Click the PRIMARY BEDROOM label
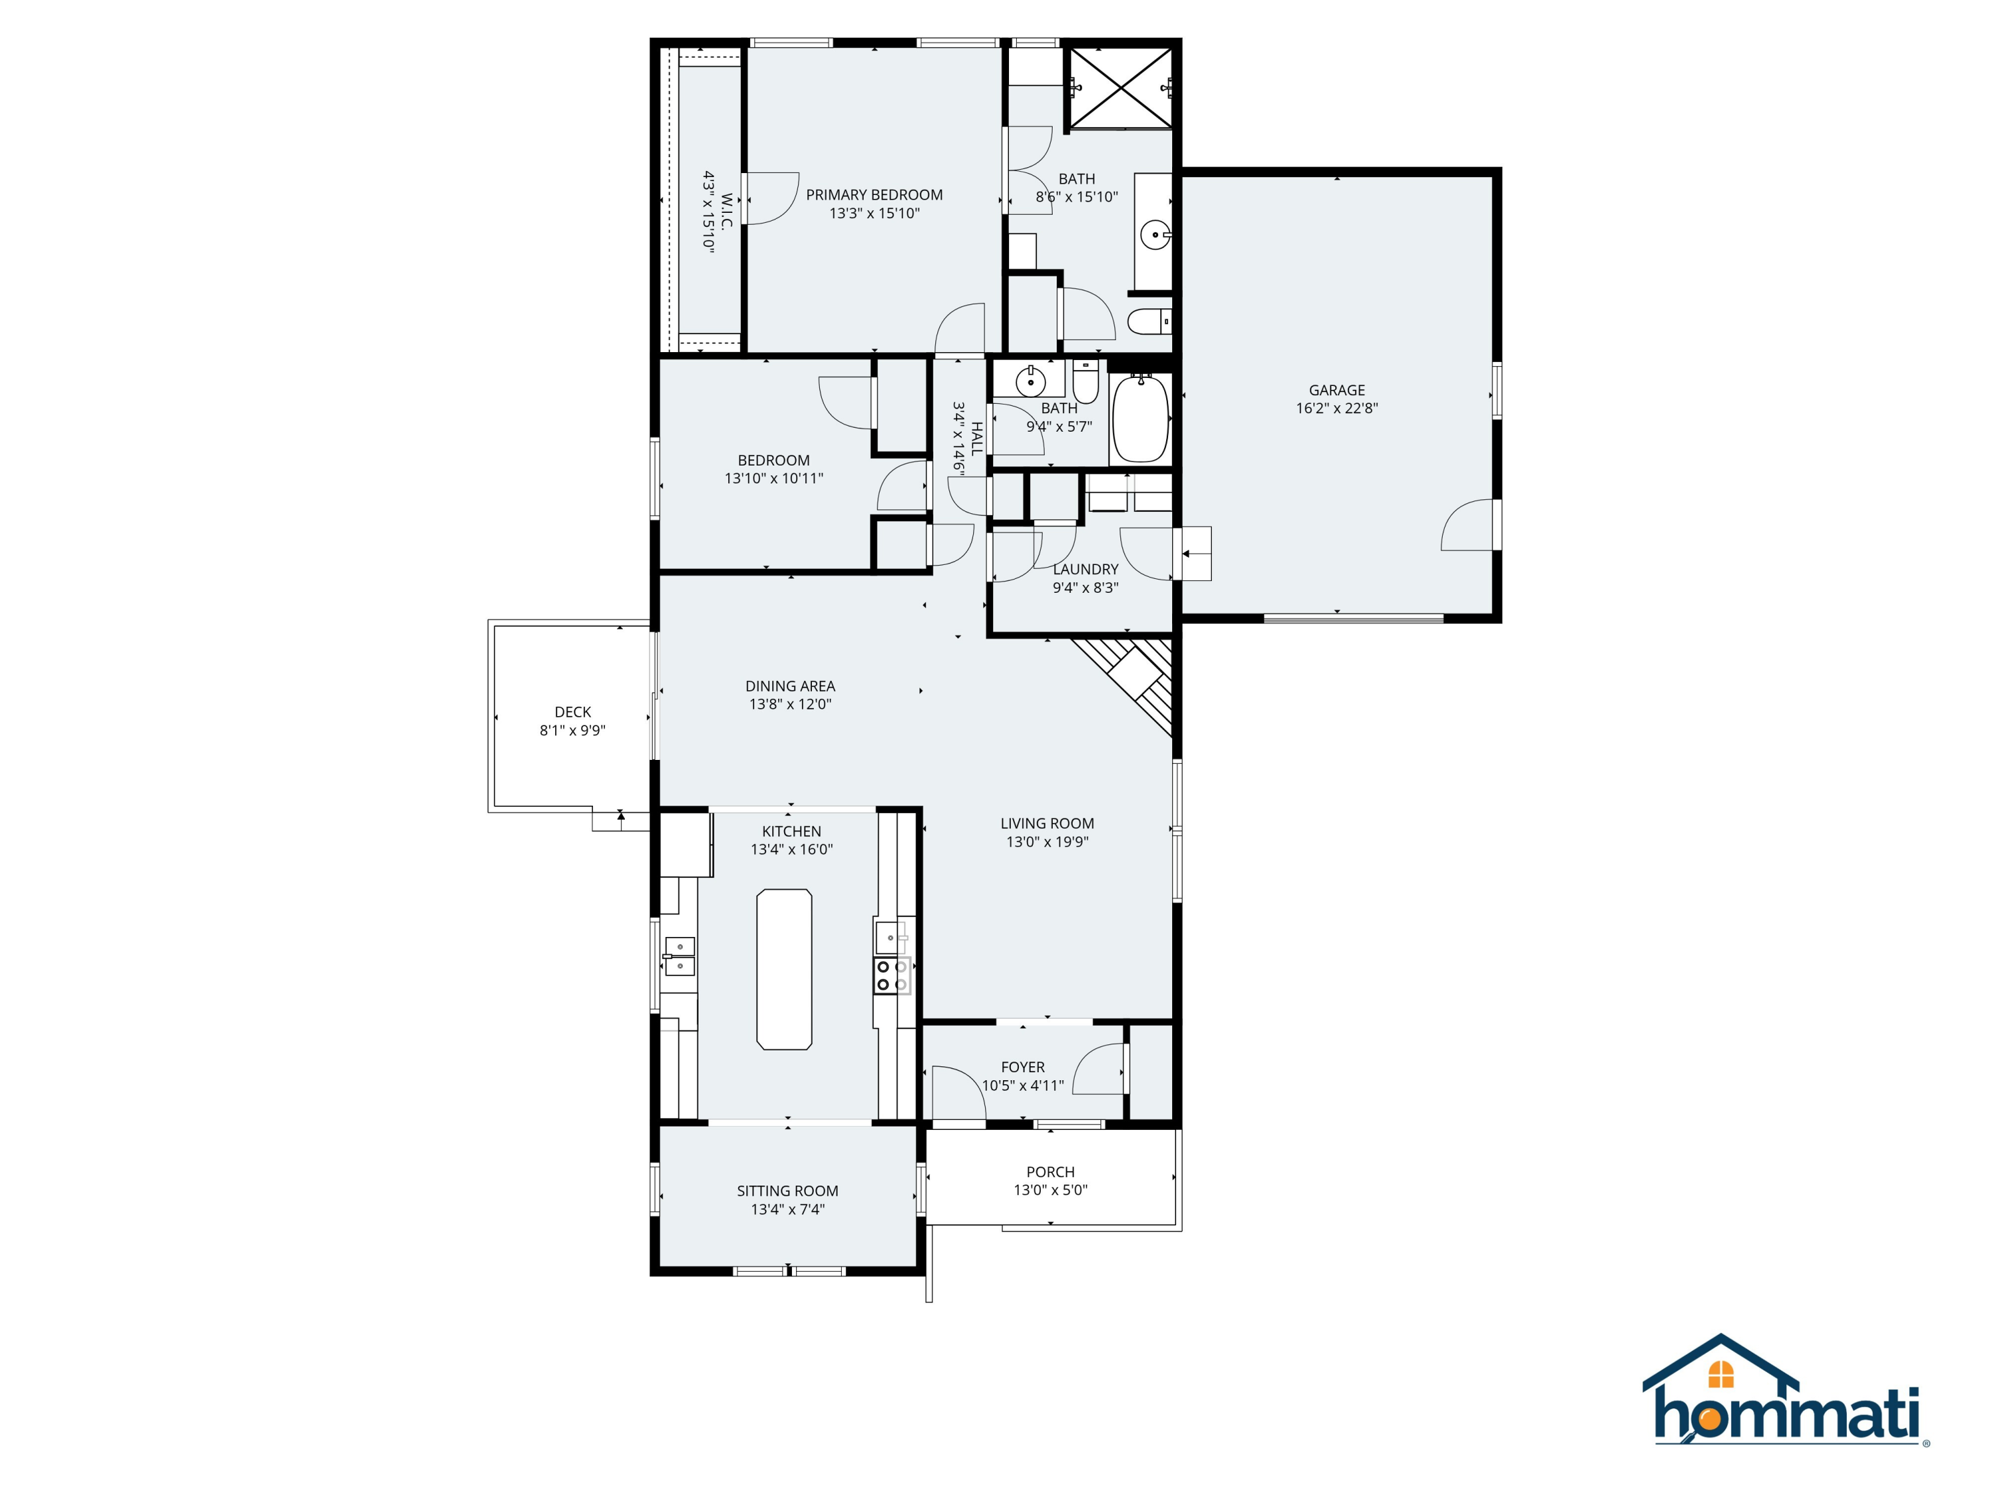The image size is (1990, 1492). point(874,195)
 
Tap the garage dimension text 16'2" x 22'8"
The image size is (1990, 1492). point(1336,408)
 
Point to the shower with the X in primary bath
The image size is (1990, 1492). point(1119,88)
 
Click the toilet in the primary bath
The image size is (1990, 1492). point(1149,321)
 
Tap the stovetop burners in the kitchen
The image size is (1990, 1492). point(892,976)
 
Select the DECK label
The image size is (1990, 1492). point(572,712)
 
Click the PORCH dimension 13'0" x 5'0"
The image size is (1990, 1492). point(1050,1191)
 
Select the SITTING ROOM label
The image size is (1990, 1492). point(787,1191)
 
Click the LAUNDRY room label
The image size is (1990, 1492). point(1085,569)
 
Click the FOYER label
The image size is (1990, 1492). point(1022,1068)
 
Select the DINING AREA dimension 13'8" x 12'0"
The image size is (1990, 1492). point(790,704)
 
